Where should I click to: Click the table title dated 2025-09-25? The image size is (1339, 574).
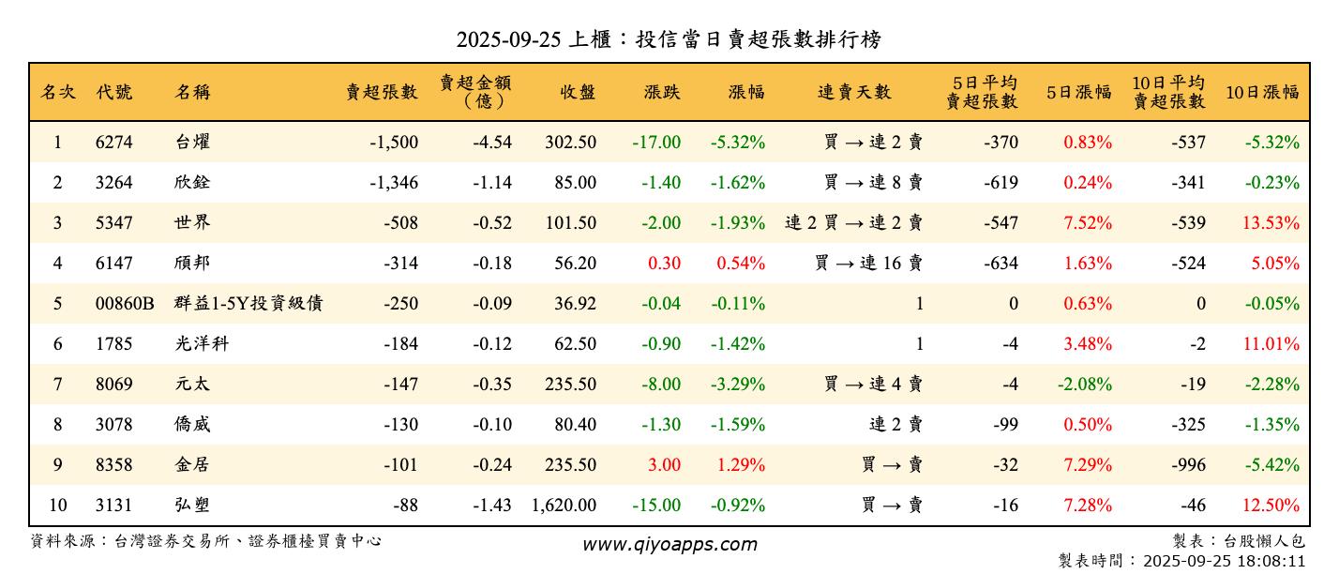click(x=669, y=39)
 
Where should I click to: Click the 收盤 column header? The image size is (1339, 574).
click(x=578, y=92)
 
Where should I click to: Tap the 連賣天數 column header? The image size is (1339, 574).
click(x=854, y=92)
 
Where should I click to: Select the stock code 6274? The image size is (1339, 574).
click(x=114, y=143)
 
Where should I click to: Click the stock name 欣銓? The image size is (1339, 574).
click(x=192, y=183)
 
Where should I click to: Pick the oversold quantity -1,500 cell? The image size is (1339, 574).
click(x=393, y=143)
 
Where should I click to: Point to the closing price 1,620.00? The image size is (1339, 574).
click(x=564, y=506)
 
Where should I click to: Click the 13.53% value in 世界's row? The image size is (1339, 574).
click(x=1271, y=223)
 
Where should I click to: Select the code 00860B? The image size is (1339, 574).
click(x=125, y=304)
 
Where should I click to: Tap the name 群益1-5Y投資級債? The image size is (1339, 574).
click(x=249, y=304)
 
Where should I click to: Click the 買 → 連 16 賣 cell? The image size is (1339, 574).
click(x=868, y=264)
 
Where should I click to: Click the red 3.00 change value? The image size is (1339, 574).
click(x=664, y=465)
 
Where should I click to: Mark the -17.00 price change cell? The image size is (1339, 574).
click(x=656, y=143)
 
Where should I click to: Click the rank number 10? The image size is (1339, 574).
click(x=57, y=506)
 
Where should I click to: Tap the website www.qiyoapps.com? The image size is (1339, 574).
click(x=669, y=544)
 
